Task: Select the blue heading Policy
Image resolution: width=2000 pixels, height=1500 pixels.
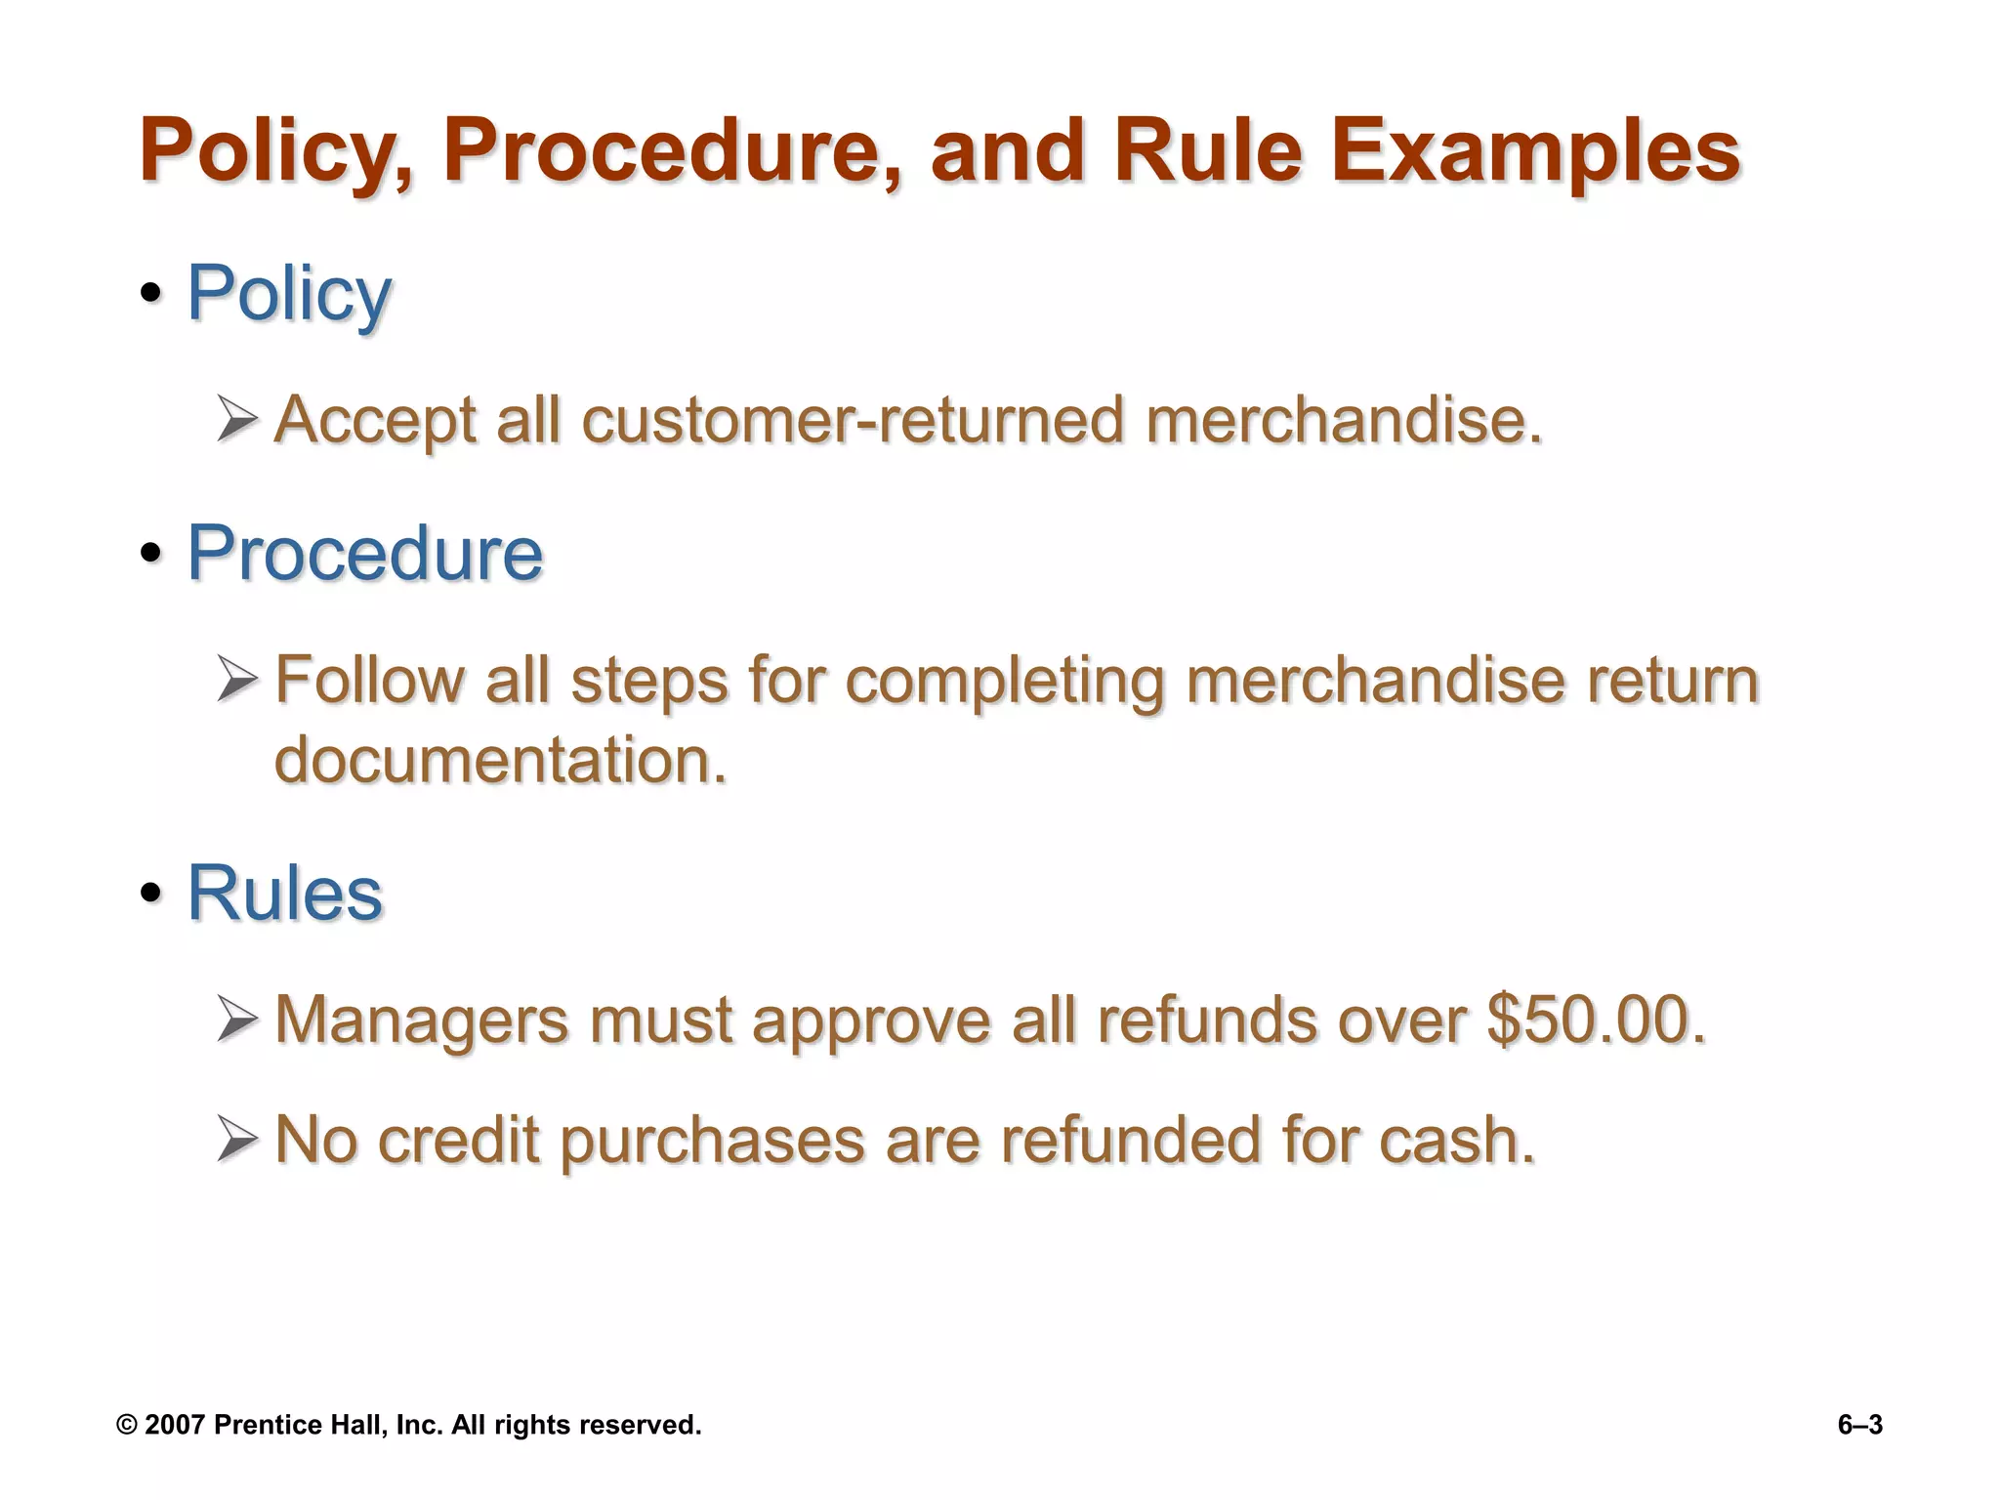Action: click(289, 293)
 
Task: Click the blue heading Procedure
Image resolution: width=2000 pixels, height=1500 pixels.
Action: click(364, 554)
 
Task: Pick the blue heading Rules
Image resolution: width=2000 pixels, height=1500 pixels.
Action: click(284, 893)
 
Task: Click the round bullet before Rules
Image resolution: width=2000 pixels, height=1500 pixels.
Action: click(150, 893)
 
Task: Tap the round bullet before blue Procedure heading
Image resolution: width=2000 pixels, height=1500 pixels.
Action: click(150, 554)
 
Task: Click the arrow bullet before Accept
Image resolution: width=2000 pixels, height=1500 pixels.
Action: click(237, 419)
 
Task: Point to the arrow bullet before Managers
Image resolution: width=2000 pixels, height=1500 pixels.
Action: click(237, 1020)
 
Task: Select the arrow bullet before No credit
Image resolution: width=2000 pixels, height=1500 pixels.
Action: click(237, 1140)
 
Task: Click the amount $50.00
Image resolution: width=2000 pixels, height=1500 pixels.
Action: click(1596, 1020)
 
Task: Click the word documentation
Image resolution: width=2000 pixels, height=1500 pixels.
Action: click(500, 760)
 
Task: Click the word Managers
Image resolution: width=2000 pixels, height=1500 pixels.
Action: click(421, 1021)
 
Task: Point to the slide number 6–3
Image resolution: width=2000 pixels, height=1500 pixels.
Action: click(1859, 1425)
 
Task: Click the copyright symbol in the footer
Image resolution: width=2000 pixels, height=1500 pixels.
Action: click(126, 1425)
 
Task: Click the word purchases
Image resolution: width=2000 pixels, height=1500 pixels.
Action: click(712, 1142)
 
